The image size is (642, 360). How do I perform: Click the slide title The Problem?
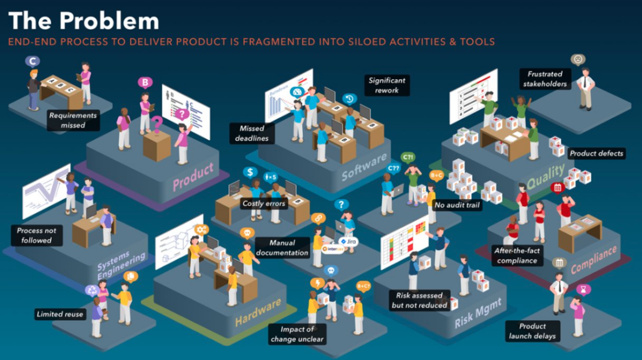(x=84, y=21)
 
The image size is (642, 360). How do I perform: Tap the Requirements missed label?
(x=73, y=120)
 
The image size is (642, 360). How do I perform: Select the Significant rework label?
(x=386, y=85)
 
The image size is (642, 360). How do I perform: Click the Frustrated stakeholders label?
(x=545, y=79)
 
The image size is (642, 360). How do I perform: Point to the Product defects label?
(x=596, y=153)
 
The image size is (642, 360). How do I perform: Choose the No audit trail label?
(x=457, y=205)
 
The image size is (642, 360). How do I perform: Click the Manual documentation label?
(x=282, y=247)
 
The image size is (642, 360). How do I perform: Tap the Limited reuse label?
(x=60, y=314)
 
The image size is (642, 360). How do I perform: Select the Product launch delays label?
(x=532, y=331)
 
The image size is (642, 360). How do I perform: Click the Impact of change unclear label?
(x=297, y=334)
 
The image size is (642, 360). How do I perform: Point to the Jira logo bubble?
(x=348, y=242)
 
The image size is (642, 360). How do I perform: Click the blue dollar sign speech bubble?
(x=250, y=173)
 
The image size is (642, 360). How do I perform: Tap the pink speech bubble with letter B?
(x=145, y=83)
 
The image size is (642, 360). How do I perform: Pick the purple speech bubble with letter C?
(x=32, y=62)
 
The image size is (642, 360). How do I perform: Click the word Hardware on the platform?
(x=258, y=312)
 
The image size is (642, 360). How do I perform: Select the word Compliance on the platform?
(x=593, y=260)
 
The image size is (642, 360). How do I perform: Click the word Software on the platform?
(x=364, y=166)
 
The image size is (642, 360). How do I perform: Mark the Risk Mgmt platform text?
(x=478, y=314)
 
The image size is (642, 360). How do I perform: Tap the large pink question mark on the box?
(x=156, y=123)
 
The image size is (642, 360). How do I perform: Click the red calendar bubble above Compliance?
(x=557, y=187)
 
